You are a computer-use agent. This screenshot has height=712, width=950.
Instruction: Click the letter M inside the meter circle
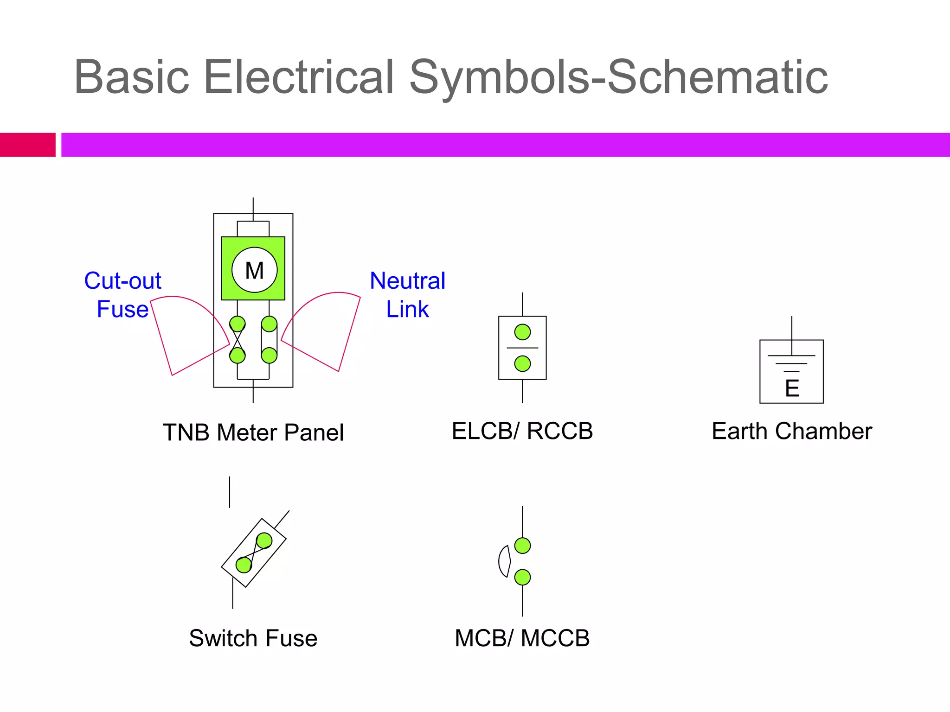[x=254, y=271]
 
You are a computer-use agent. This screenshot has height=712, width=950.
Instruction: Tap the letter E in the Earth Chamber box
[x=792, y=388]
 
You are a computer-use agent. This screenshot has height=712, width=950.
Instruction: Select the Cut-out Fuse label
[x=122, y=295]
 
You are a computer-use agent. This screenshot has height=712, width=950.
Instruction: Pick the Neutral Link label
[x=407, y=295]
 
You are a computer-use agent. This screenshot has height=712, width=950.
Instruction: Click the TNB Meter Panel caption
[x=253, y=432]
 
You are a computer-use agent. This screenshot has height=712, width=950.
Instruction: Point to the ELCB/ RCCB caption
[x=522, y=431]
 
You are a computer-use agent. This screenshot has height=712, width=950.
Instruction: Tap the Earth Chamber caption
[x=792, y=431]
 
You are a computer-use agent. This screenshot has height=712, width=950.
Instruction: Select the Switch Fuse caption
[x=253, y=638]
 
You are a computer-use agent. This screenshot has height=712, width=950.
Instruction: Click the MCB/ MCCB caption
[x=522, y=638]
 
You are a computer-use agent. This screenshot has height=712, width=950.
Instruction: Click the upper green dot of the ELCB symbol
[x=522, y=332]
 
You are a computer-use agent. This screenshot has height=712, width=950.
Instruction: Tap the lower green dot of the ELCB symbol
[x=522, y=363]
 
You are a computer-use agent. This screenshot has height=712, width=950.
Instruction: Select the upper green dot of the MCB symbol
[x=522, y=546]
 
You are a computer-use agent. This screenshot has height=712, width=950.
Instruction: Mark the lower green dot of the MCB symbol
[x=522, y=577]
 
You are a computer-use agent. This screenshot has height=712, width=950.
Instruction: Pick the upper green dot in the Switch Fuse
[x=264, y=540]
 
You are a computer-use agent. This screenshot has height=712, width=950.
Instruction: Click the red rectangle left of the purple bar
[x=27, y=145]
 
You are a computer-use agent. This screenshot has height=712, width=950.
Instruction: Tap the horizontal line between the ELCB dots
[x=522, y=348]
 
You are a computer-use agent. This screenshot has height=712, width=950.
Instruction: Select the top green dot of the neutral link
[x=269, y=324]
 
